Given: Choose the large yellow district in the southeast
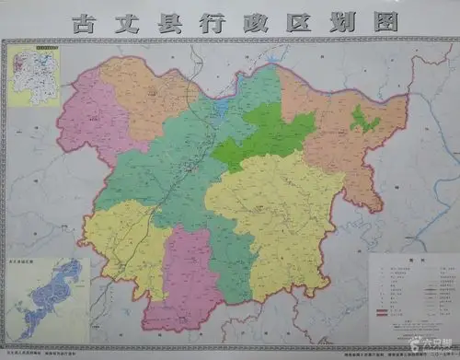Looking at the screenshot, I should pyautogui.click(x=276, y=212).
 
